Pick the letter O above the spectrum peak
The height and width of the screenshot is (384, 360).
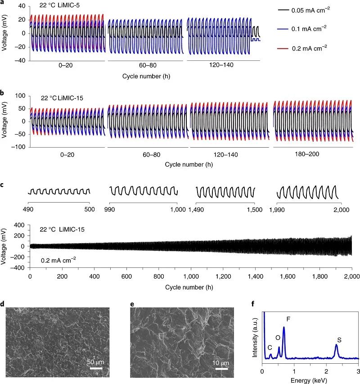click(278, 337)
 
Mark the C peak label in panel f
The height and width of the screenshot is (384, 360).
click(270, 348)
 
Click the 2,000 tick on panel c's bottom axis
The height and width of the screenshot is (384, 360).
click(351, 276)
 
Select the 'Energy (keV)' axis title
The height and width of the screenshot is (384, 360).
click(310, 379)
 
